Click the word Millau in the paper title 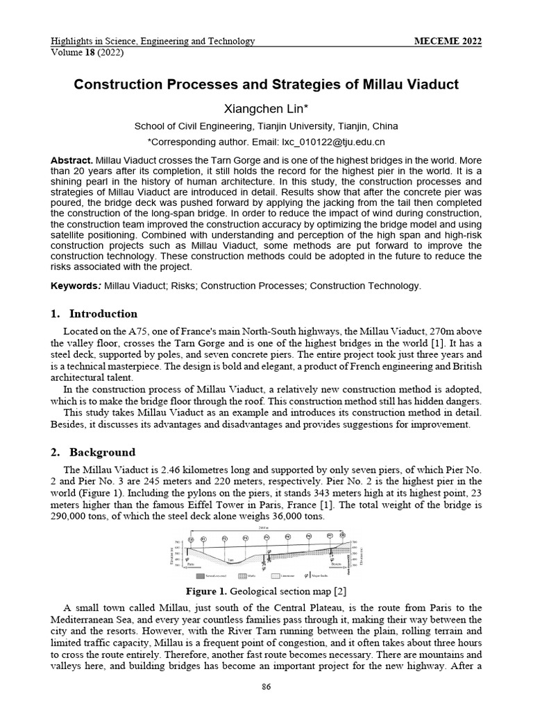[x=391, y=85]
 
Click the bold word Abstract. [x=71, y=160]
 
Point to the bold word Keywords [x=76, y=286]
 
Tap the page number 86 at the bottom [x=266, y=687]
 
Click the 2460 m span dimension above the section [x=266, y=529]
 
